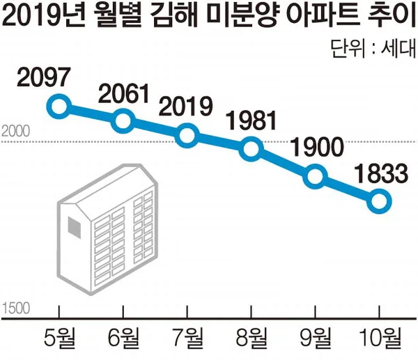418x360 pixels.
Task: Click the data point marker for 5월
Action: (59, 107)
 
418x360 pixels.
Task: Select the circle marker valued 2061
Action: (123, 121)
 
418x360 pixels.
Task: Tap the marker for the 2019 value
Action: (187, 135)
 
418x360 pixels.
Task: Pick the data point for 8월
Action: (251, 149)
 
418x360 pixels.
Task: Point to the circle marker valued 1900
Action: (315, 176)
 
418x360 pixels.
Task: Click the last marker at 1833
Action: (378, 201)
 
